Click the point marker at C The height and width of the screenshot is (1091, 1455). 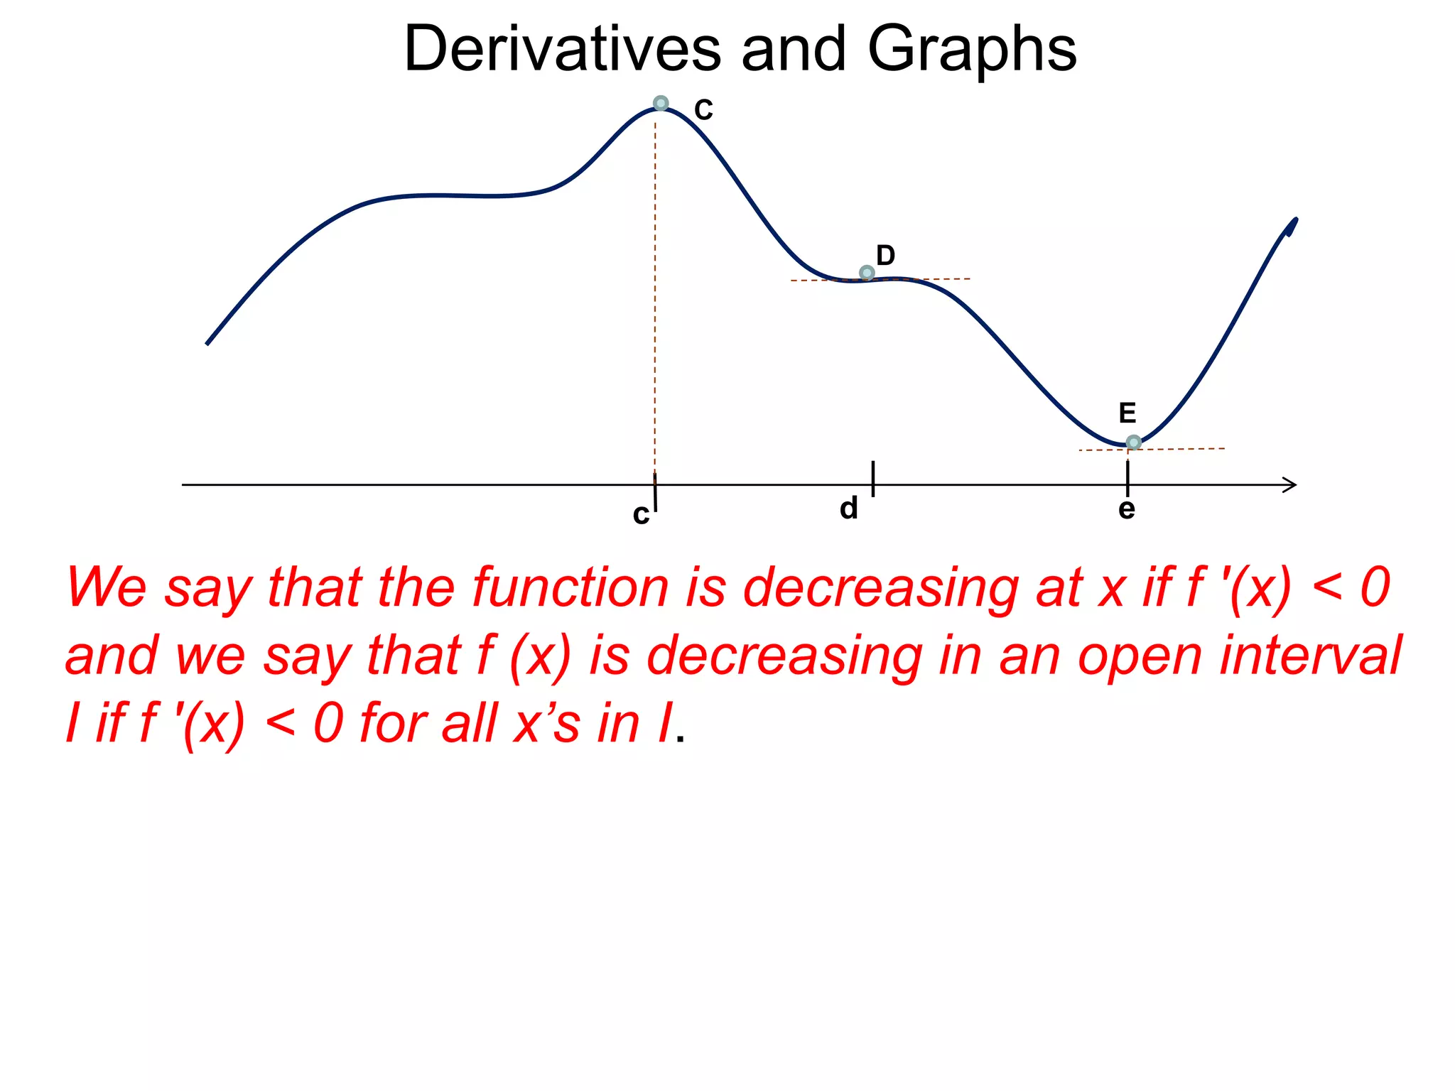661,104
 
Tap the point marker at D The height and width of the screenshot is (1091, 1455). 867,273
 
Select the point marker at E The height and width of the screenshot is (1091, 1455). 1134,443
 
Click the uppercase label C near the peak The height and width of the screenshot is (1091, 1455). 703,110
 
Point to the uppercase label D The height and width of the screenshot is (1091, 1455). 885,255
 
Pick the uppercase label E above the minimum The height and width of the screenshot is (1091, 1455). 1127,413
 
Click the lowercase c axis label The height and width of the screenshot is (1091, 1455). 641,514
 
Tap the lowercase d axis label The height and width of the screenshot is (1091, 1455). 849,509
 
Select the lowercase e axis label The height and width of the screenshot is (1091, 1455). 1127,509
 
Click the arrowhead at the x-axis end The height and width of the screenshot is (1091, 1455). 1290,485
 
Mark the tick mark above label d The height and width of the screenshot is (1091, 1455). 873,478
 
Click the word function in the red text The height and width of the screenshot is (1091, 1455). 570,587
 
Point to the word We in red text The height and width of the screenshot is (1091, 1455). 107,587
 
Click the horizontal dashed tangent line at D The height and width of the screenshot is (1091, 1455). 938,279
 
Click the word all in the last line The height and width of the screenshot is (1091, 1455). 469,723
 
